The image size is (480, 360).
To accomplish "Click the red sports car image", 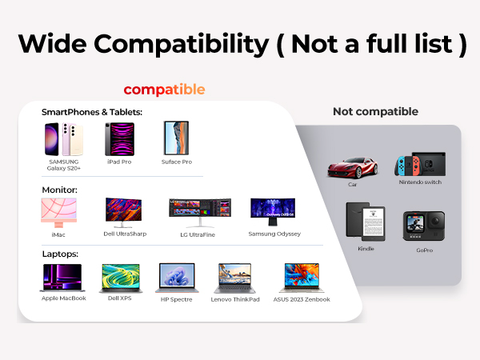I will [x=352, y=167].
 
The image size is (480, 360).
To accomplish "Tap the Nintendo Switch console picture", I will [x=419, y=166].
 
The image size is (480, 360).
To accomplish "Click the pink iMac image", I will [x=59, y=212].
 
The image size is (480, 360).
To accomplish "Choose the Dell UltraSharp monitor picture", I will [x=124, y=212].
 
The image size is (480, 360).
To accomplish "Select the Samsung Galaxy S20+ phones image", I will [x=63, y=139].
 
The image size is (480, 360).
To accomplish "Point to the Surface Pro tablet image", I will [x=176, y=138].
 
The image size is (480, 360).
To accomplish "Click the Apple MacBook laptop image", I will [x=62, y=278].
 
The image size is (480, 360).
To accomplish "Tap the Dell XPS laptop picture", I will [x=120, y=278].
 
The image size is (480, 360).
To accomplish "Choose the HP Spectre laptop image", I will [x=176, y=278].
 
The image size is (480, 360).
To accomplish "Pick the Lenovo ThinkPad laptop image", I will [x=235, y=278].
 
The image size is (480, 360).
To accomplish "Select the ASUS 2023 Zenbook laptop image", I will [x=301, y=278].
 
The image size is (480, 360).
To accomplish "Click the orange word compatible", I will [x=164, y=89].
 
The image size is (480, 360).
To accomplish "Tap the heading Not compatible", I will [x=375, y=111].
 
